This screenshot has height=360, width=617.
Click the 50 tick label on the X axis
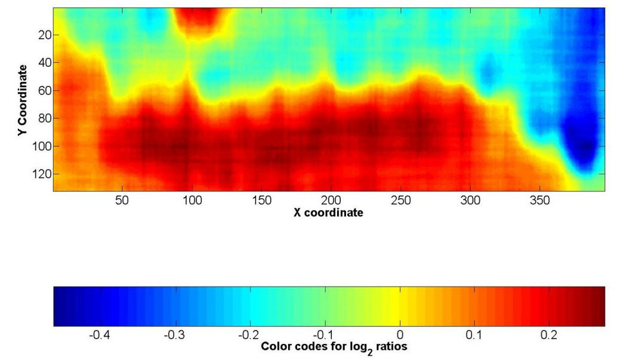pos(122,201)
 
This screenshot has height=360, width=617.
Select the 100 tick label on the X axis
pos(192,201)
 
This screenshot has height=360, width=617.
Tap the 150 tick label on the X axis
pos(262,201)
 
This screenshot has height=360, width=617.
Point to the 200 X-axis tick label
pos(331,201)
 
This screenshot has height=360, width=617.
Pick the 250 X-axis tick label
pos(401,201)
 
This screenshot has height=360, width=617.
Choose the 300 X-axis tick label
pos(471,201)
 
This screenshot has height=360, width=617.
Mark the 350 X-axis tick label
pos(540,201)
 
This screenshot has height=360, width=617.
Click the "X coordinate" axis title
pos(329,213)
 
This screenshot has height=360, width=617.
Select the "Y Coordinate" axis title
pos(23,101)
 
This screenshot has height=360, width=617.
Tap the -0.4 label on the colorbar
pos(100,335)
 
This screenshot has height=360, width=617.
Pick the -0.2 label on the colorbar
pos(249,335)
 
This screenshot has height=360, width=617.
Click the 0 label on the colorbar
pos(400,335)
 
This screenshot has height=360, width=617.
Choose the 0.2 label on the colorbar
pos(549,335)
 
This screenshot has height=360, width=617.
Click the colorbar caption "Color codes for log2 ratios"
pos(334,347)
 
